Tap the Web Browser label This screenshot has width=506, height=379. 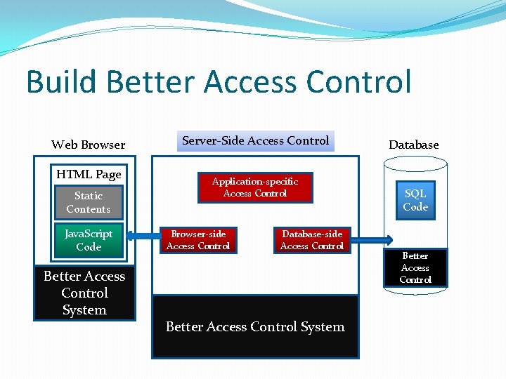pyautogui.click(x=88, y=145)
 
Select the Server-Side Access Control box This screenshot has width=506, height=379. pyautogui.click(x=255, y=141)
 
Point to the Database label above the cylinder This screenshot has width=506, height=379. pyautogui.click(x=413, y=145)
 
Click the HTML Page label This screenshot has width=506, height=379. pyautogui.click(x=89, y=174)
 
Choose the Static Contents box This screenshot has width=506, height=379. pyautogui.click(x=89, y=202)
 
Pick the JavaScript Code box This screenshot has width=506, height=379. pyautogui.click(x=89, y=240)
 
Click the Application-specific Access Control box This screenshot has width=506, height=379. pyautogui.click(x=255, y=187)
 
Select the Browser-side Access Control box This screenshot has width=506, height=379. pyautogui.click(x=198, y=240)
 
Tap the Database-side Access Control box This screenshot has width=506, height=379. pyautogui.click(x=312, y=240)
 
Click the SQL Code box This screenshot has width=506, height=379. pyautogui.click(x=415, y=200)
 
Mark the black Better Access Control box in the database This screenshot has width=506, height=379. pyautogui.click(x=415, y=267)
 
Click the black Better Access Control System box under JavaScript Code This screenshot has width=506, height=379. pyautogui.click(x=84, y=293)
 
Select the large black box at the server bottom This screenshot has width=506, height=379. pyautogui.click(x=255, y=327)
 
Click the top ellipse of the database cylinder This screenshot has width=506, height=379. pyautogui.click(x=415, y=164)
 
